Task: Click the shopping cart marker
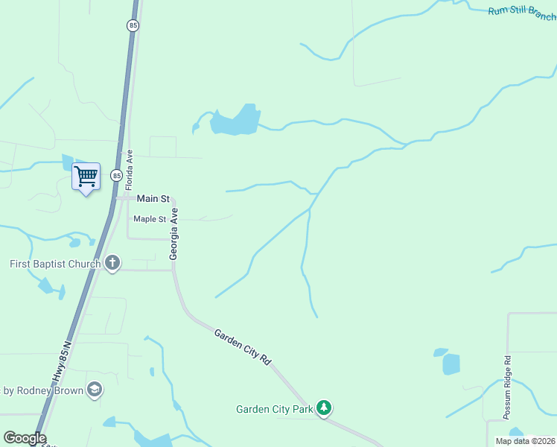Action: click(x=86, y=177)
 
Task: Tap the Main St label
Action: click(x=153, y=199)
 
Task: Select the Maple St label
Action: click(x=150, y=219)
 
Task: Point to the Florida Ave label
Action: click(x=129, y=168)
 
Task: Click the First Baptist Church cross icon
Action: click(x=112, y=263)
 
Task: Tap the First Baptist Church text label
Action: click(x=55, y=264)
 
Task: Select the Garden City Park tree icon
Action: click(x=323, y=408)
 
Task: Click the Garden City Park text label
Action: click(x=273, y=409)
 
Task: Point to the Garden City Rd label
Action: click(x=242, y=346)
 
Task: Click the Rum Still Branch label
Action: click(x=521, y=13)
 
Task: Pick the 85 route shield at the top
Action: click(x=133, y=25)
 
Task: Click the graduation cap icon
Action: click(x=94, y=390)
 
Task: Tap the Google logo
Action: click(x=25, y=438)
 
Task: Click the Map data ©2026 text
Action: click(x=525, y=441)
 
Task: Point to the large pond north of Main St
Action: click(x=235, y=121)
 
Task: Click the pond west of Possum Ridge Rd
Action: click(x=451, y=363)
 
